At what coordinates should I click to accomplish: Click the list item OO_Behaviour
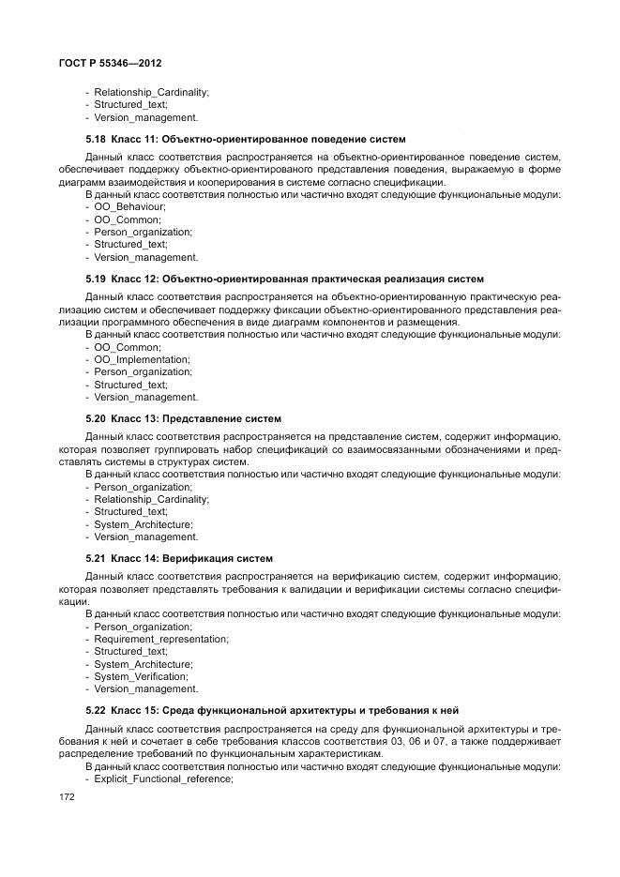tap(130, 206)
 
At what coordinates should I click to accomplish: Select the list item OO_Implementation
tap(142, 359)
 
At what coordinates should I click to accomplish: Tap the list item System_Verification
tap(142, 676)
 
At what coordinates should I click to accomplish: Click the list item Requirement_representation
tap(160, 639)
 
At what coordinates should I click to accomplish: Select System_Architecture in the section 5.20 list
tap(144, 524)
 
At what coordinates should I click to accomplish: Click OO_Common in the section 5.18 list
tap(128, 219)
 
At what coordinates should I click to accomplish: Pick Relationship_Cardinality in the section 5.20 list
tap(151, 499)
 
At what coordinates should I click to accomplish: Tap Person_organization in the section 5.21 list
tap(143, 626)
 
